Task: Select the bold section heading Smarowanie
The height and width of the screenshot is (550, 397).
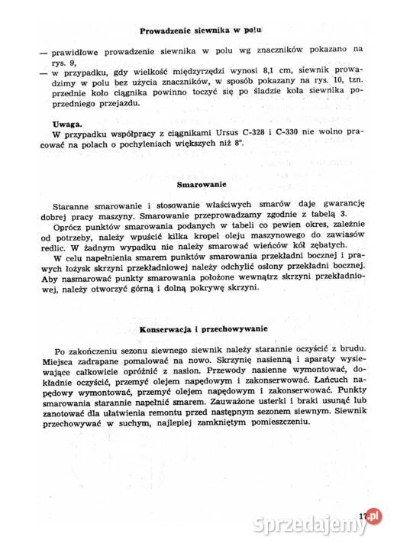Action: pos(201,185)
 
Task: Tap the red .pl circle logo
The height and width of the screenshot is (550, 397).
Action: pos(373,516)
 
